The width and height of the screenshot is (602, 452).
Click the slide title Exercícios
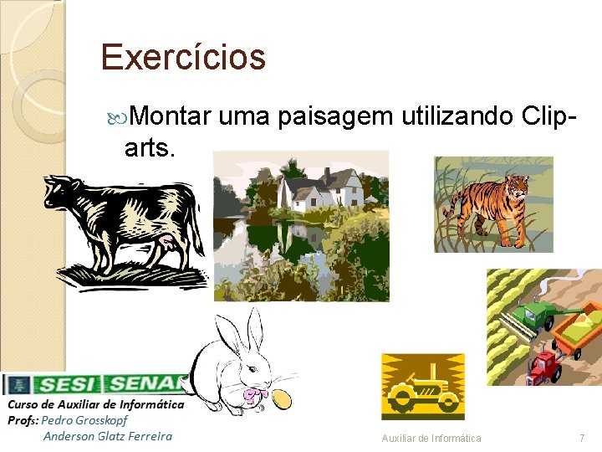click(183, 58)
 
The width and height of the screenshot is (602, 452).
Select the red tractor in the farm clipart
click(544, 367)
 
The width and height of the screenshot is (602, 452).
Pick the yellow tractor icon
click(423, 387)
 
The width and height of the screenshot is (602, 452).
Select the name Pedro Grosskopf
click(84, 420)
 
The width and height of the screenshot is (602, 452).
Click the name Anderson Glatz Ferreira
click(108, 435)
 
